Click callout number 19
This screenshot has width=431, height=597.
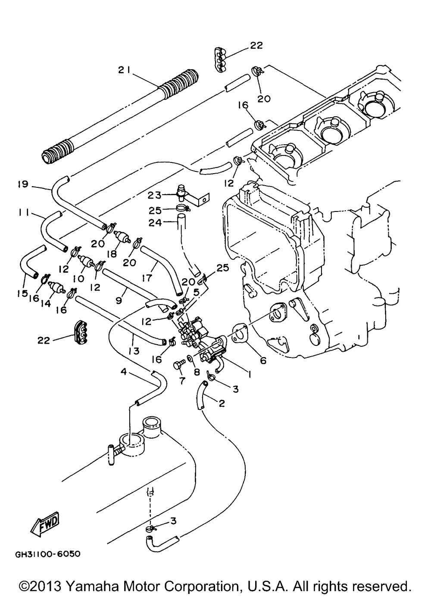(x=23, y=184)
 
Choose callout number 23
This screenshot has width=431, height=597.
(x=155, y=196)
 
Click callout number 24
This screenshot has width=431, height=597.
(x=155, y=223)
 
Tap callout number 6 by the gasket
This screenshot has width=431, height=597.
(x=263, y=361)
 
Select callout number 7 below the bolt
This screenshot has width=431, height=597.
(x=182, y=381)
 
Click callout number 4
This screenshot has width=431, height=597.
(x=124, y=371)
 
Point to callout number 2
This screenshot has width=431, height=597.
(x=222, y=404)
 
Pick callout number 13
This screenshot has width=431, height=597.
(x=134, y=351)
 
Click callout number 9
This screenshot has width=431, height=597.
(x=119, y=301)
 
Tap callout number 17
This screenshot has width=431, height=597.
(x=147, y=278)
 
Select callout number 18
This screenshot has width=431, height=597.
(x=112, y=254)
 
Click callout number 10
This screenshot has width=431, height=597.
(x=78, y=279)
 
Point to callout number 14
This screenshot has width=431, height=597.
(x=46, y=303)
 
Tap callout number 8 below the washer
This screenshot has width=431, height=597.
(x=197, y=372)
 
